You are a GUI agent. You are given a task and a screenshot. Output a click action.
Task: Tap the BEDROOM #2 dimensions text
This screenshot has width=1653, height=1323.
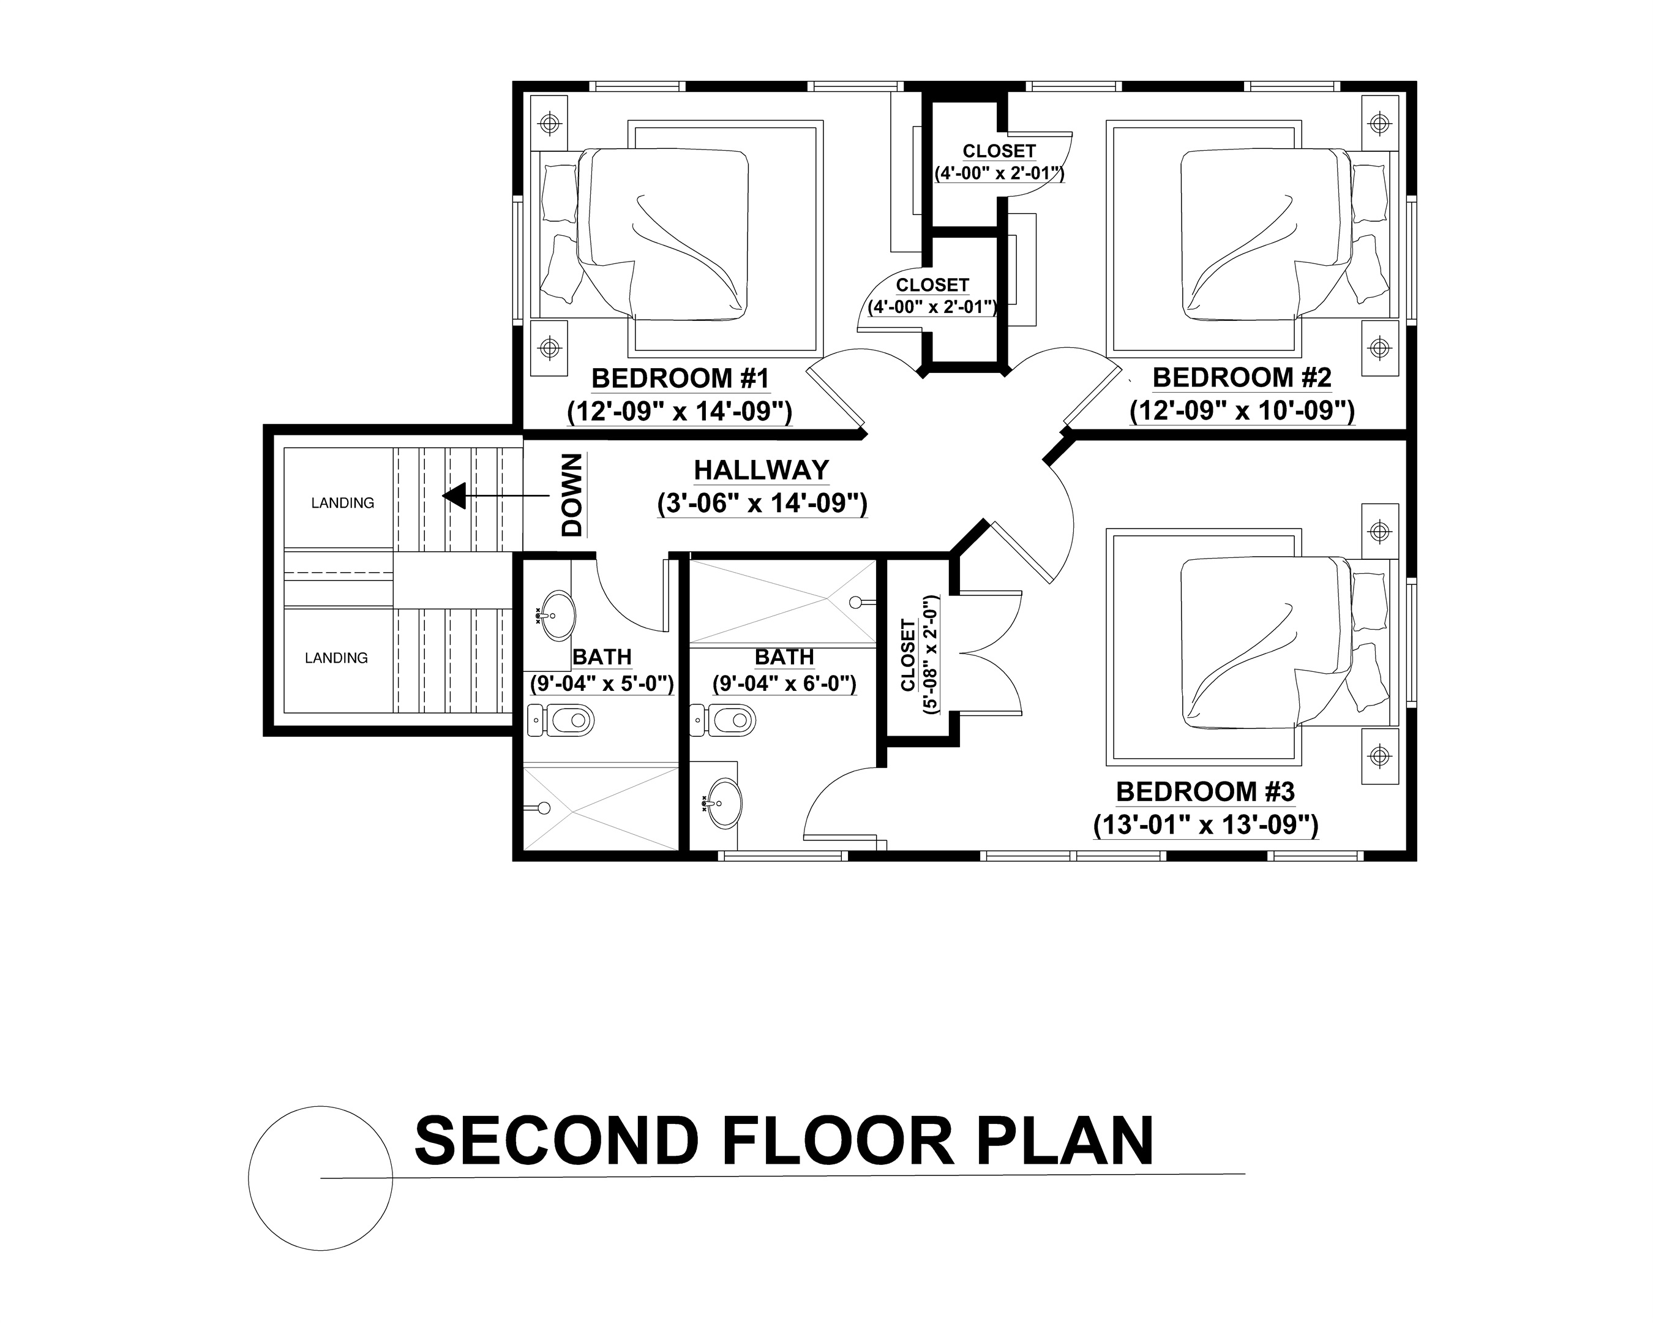(x=1242, y=411)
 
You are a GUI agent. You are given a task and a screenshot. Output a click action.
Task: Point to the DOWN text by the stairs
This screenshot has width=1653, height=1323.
(x=572, y=495)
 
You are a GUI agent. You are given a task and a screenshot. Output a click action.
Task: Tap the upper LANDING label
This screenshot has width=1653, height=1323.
(x=342, y=503)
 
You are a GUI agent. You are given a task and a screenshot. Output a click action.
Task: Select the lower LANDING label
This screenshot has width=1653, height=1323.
(x=336, y=658)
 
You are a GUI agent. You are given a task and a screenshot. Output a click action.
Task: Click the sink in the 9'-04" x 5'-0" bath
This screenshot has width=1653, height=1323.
(x=557, y=615)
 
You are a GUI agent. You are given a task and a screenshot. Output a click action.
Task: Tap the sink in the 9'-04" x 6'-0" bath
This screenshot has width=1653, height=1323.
(x=723, y=803)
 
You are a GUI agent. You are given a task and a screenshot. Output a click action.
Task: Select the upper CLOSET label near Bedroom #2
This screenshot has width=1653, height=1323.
(x=999, y=151)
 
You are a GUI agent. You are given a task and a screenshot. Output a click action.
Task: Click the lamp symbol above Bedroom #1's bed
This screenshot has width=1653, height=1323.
(x=549, y=123)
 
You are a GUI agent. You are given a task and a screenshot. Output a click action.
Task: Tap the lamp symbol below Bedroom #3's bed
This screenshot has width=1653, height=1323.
(x=1379, y=756)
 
